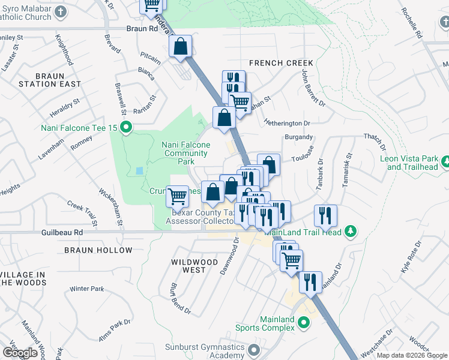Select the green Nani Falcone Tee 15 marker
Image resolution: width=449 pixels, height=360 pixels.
tap(126, 127)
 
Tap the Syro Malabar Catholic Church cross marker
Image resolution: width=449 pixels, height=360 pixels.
tap(61, 11)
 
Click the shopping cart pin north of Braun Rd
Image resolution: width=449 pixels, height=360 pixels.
tap(152, 5)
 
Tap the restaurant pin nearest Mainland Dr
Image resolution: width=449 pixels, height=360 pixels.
tap(310, 281)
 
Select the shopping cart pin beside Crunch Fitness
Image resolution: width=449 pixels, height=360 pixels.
tap(177, 196)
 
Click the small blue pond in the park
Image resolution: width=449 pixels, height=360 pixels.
tap(140, 170)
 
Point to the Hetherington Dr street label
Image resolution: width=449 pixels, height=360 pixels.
tap(289, 123)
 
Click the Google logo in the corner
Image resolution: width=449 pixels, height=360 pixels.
tap(20, 353)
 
